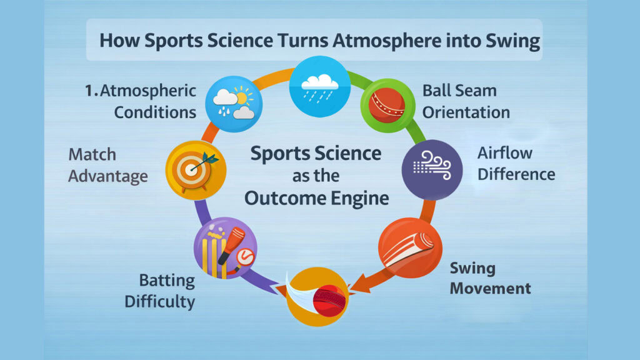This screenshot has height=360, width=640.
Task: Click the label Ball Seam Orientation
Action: pos(466,101)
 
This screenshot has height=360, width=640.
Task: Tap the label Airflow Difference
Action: pos(516,163)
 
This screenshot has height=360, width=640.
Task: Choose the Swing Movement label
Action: pos(490,279)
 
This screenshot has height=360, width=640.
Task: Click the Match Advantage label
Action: pos(107,165)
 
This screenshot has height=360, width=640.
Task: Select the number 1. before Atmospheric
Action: pos(91,91)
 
